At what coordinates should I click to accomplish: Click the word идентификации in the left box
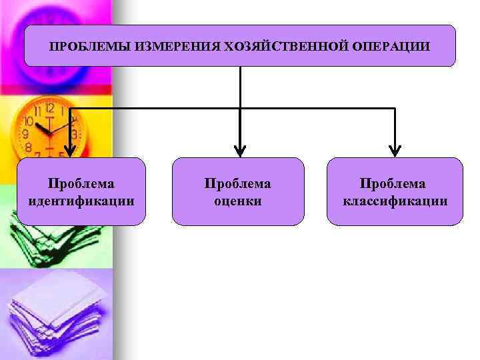click(x=82, y=200)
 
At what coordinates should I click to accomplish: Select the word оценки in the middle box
click(x=238, y=200)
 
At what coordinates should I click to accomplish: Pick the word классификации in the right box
click(x=395, y=200)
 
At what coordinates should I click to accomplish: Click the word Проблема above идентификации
click(x=81, y=183)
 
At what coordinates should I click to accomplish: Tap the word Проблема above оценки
click(x=238, y=183)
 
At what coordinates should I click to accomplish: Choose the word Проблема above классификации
click(x=393, y=183)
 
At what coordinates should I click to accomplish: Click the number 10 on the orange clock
click(x=28, y=122)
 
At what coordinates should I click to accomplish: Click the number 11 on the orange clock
click(x=38, y=111)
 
